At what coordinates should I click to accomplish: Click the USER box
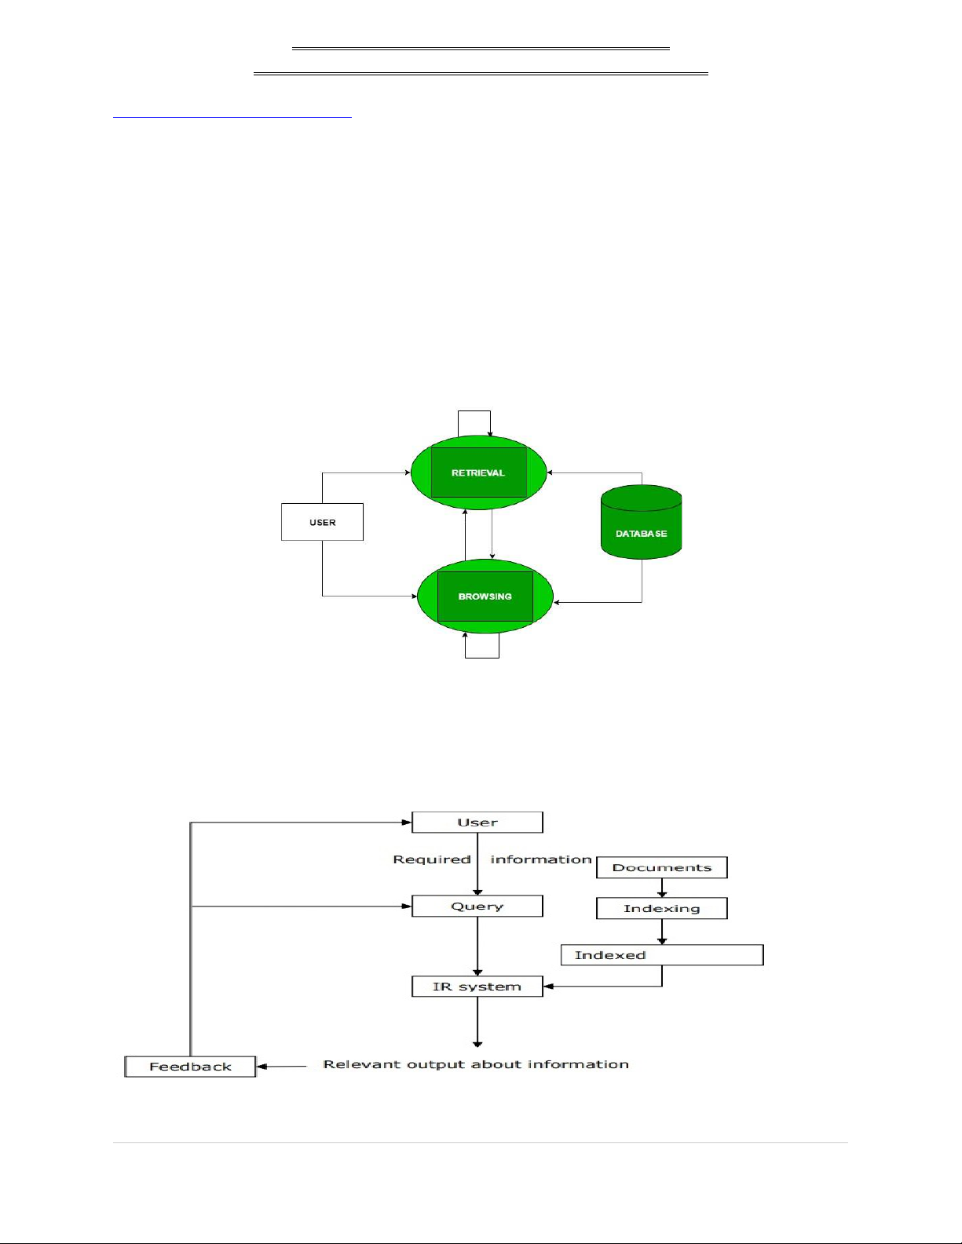pos(322,522)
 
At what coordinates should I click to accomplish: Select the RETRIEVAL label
pos(478,473)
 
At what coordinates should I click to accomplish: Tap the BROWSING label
pos(485,596)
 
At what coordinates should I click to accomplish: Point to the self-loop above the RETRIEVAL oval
pos(474,412)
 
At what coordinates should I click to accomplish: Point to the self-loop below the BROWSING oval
pos(482,655)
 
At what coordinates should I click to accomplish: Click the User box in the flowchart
pos(477,823)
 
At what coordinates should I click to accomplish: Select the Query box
pos(477,907)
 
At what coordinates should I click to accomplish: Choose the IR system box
pos(477,987)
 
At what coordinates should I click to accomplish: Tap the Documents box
pos(661,867)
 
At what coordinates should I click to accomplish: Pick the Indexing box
pos(661,908)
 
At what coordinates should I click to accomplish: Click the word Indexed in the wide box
pos(610,955)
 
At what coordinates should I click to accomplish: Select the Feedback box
pos(190,1067)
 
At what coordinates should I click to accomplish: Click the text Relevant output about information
pos(476,1065)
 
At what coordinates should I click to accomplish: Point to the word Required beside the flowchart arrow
pos(432,859)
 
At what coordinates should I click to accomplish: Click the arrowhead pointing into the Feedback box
pos(262,1067)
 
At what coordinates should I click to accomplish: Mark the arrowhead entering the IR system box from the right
pos(548,987)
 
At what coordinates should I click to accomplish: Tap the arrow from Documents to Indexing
pos(662,888)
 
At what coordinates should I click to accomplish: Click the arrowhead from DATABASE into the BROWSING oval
pos(558,602)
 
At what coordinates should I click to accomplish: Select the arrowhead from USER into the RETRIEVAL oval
pos(407,472)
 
